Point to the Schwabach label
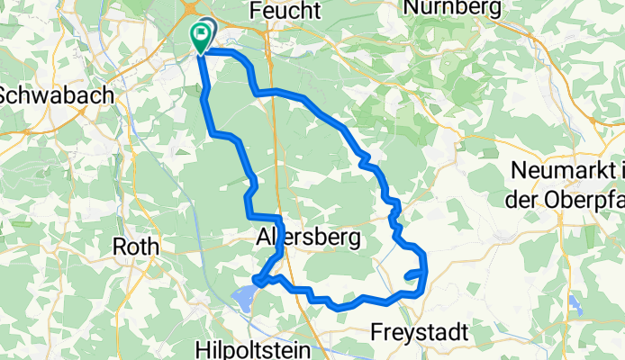pyautogui.click(x=56, y=94)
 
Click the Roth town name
pyautogui.click(x=135, y=246)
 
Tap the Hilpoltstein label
pyautogui.click(x=254, y=349)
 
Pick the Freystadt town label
pyautogui.click(x=419, y=332)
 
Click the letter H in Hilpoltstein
pyautogui.click(x=202, y=349)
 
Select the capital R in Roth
pyautogui.click(x=117, y=246)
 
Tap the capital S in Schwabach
pyautogui.click(x=7, y=94)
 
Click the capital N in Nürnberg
pyautogui.click(x=412, y=7)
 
